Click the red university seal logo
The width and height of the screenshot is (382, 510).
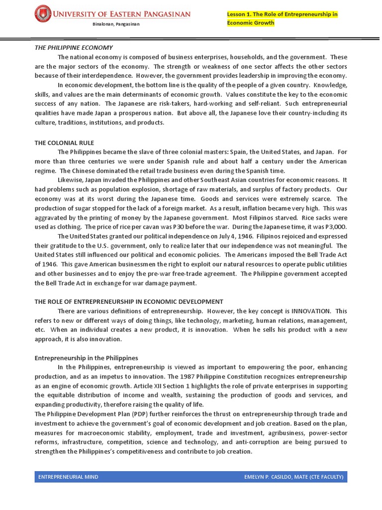[x=44, y=13]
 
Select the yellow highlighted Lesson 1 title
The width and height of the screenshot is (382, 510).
[x=282, y=18]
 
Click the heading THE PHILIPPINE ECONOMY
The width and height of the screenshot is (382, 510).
[x=74, y=48]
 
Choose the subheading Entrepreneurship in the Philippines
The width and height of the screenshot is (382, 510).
[x=86, y=358]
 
